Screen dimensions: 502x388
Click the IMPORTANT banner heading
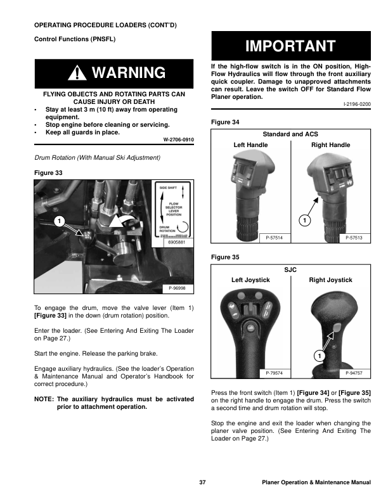point(291,46)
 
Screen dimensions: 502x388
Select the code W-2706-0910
point(178,139)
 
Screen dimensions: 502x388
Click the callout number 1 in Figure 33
point(58,221)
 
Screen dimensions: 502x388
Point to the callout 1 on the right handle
point(304,220)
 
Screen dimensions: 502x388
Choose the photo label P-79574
point(275,373)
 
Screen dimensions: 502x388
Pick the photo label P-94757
point(356,373)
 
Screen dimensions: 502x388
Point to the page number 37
point(202,483)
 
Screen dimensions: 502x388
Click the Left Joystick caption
point(250,280)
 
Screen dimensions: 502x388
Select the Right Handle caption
point(330,145)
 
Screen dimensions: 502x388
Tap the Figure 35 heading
point(228,258)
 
